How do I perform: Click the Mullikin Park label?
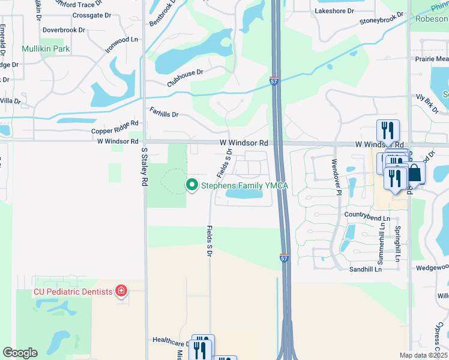46,49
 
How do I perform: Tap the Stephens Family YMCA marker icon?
192,185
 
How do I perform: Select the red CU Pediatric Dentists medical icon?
121,292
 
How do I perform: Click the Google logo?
20,353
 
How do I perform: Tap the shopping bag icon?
415,174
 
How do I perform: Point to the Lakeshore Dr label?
334,11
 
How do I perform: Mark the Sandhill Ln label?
366,269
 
